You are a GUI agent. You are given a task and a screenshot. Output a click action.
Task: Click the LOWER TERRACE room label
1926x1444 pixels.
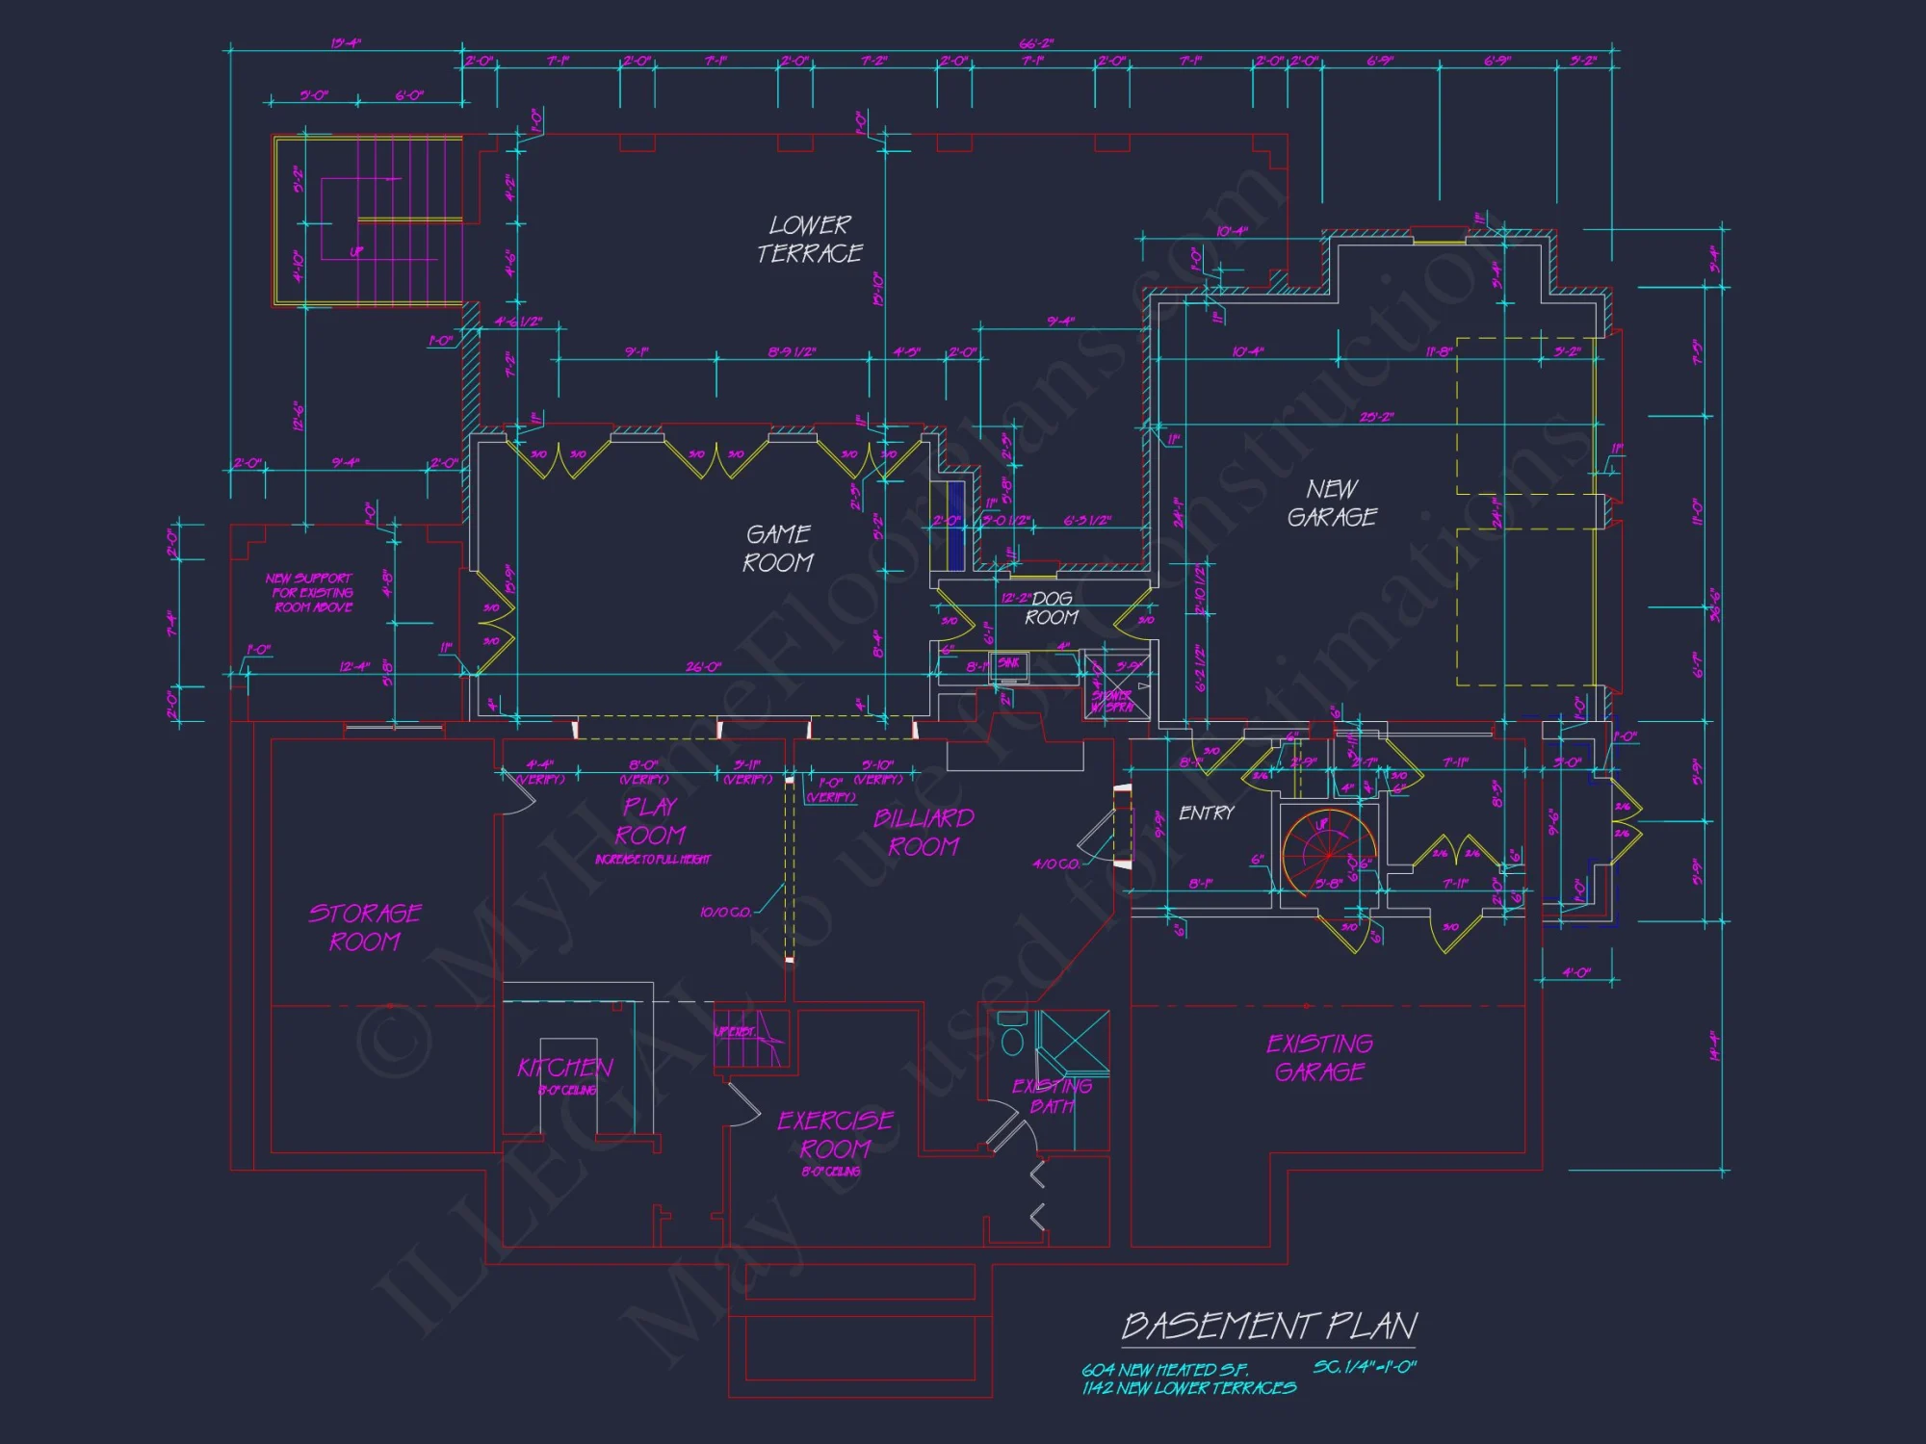tap(810, 239)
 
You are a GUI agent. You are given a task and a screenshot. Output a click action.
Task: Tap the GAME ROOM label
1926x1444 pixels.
tap(778, 548)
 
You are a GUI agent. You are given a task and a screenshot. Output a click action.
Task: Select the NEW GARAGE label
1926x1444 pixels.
tap(1333, 503)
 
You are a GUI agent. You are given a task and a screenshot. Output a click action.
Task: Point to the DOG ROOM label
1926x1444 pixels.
tap(1052, 607)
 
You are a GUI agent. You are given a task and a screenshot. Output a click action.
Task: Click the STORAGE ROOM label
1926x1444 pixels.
tap(365, 926)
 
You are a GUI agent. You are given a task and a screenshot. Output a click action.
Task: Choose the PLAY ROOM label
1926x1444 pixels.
tap(651, 820)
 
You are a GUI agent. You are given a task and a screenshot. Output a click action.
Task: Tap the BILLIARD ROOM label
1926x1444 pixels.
tap(924, 832)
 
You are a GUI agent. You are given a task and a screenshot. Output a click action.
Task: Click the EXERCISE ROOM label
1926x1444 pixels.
tap(835, 1134)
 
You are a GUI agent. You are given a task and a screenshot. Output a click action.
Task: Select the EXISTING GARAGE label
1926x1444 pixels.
tap(1319, 1057)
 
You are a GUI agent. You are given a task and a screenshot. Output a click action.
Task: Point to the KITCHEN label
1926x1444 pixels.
tap(565, 1067)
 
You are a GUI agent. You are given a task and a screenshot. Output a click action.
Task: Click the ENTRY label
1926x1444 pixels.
tap(1206, 813)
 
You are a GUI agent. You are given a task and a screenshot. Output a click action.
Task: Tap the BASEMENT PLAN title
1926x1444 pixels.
tap(1269, 1326)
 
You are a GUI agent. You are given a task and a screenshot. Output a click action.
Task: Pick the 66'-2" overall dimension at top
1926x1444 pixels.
tap(1036, 43)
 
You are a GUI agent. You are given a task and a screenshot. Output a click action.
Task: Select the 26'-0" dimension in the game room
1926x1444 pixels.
tap(703, 666)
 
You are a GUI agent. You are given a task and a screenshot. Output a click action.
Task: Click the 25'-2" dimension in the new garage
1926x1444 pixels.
tap(1376, 417)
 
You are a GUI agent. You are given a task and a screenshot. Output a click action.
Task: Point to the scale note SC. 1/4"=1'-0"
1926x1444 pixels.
tap(1365, 1367)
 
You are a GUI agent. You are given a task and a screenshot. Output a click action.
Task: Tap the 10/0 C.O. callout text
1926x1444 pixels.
tap(725, 912)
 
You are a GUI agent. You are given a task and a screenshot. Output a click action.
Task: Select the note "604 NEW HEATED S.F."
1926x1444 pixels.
tap(1164, 1369)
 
